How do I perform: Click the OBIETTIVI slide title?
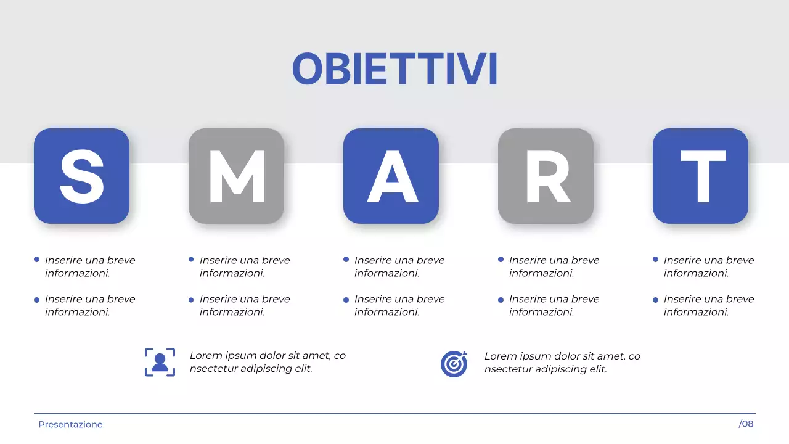(394, 68)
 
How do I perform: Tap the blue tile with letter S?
(81, 176)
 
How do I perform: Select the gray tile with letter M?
(236, 176)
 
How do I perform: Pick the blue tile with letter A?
(391, 176)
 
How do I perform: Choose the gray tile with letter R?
(546, 176)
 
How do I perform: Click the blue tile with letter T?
(700, 176)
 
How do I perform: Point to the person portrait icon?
(160, 363)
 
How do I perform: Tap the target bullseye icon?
(454, 363)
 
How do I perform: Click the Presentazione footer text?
(70, 424)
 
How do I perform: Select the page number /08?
(746, 424)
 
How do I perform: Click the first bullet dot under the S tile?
(37, 260)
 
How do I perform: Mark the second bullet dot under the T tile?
(656, 300)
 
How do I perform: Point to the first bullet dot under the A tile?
(346, 260)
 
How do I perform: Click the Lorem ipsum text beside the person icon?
(268, 363)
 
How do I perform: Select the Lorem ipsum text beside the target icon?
(562, 363)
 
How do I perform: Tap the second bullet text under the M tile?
(244, 305)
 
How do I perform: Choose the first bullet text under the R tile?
(554, 266)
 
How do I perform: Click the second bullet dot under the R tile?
(501, 300)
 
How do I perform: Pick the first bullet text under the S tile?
(89, 266)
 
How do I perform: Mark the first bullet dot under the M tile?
(192, 260)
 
